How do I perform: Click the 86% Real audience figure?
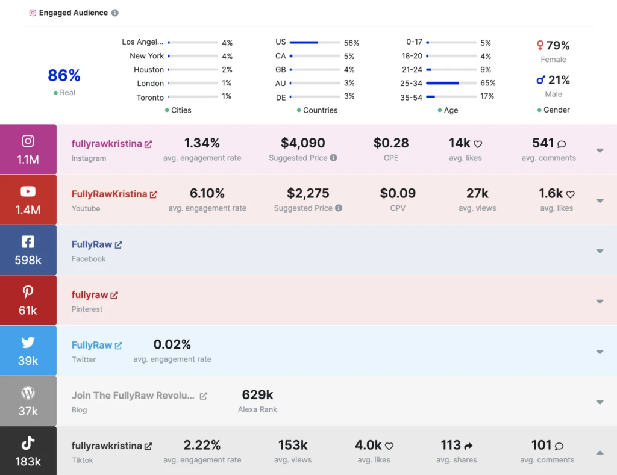[x=64, y=76]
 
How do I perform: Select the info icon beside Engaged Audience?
[x=115, y=13]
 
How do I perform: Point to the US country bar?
[x=314, y=43]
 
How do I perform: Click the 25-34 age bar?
[x=451, y=83]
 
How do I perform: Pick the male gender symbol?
[x=540, y=80]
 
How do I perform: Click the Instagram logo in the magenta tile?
[x=28, y=141]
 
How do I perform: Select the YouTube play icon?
[x=28, y=191]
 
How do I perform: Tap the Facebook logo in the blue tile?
[x=28, y=242]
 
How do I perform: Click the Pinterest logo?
[x=28, y=292]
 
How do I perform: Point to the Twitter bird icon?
[x=28, y=343]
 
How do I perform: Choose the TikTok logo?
[x=28, y=443]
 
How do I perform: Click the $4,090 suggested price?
[x=302, y=143]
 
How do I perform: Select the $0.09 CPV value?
[x=398, y=194]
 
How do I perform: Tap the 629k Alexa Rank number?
[x=257, y=395]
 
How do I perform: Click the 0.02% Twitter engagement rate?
[x=172, y=344]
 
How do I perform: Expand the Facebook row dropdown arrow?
[x=600, y=251]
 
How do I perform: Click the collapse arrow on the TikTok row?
[x=600, y=452]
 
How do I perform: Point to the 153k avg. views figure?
[x=293, y=446]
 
